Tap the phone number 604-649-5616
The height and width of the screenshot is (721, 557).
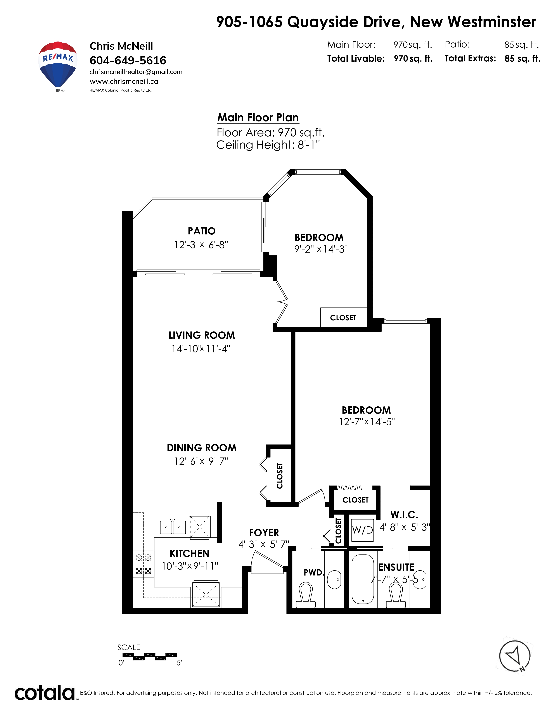point(128,61)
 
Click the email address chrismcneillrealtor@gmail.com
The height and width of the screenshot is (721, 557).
point(136,72)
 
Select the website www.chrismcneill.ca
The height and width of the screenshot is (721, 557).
point(124,81)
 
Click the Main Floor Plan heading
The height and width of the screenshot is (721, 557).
point(258,118)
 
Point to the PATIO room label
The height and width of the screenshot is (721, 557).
point(202,231)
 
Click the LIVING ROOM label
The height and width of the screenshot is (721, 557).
point(202,335)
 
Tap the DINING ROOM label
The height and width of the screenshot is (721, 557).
point(202,448)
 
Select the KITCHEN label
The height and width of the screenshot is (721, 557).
point(189,554)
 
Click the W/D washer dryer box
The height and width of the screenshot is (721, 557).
point(362,530)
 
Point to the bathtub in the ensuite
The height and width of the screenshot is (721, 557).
point(363,579)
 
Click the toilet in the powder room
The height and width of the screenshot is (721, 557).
point(306,595)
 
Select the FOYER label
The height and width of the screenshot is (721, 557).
point(264,533)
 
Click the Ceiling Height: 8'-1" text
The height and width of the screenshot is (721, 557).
point(268,145)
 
